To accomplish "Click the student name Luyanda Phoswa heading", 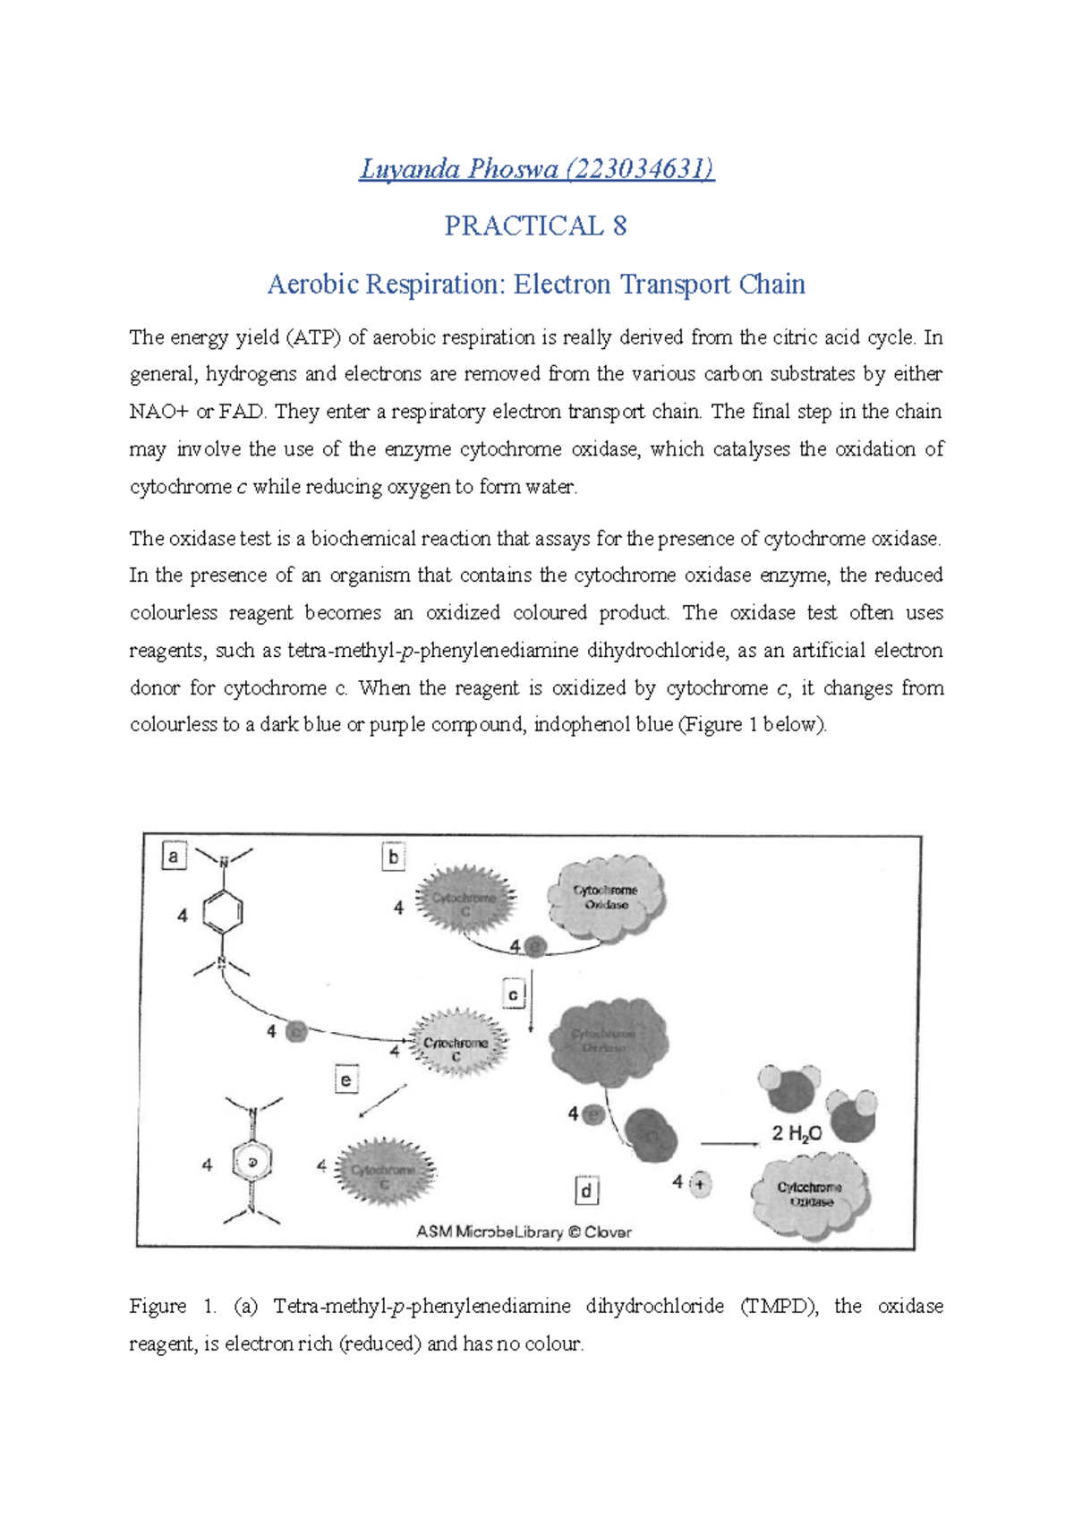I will [536, 168].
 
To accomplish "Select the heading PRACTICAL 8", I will [535, 226].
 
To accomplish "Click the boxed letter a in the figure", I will [174, 857].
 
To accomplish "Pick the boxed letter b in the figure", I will [393, 857].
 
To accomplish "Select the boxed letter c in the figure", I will [513, 994].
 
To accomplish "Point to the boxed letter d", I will [586, 1190].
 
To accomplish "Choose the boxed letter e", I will [345, 1080].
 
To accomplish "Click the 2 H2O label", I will [797, 1134].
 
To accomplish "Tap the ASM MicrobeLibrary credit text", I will [524, 1232].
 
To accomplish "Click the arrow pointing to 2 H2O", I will [729, 1143].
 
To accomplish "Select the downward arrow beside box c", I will [531, 1002].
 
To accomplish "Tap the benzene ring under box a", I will [223, 913].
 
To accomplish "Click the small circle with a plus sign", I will [700, 1184].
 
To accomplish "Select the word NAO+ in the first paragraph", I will [158, 412].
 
